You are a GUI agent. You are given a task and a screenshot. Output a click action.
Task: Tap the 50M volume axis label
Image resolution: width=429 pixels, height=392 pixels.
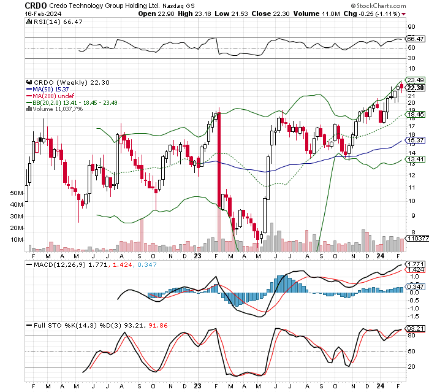point(17,193)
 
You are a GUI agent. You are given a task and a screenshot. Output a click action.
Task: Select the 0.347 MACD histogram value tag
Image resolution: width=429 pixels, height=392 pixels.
point(416,286)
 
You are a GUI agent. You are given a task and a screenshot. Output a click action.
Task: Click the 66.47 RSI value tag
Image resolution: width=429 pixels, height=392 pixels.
point(416,38)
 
